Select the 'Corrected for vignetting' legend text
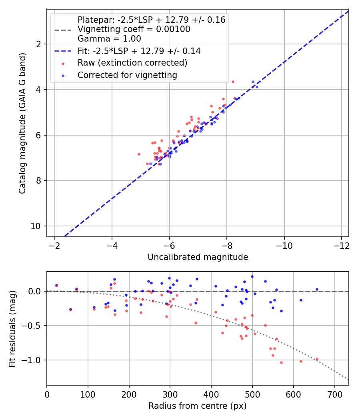click(127, 75)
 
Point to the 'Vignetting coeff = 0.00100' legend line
click(134, 29)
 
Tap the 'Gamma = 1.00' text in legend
click(109, 39)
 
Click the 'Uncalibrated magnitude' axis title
click(198, 257)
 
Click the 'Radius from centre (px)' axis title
click(198, 406)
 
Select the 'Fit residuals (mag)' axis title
click(12, 328)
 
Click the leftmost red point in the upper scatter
click(139, 154)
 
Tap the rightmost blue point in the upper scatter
click(257, 87)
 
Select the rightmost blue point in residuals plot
click(317, 289)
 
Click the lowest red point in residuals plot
click(281, 362)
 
